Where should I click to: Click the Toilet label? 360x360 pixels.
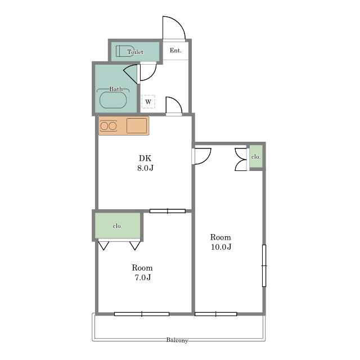(x=135, y=52)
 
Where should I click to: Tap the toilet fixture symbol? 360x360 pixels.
(x=121, y=51)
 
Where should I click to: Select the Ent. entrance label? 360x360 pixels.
(x=175, y=50)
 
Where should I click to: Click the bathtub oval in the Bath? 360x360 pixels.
(x=113, y=100)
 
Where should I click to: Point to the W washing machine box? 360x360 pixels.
(x=148, y=101)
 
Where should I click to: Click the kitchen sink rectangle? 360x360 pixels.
(x=137, y=125)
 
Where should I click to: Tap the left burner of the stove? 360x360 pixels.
(x=104, y=126)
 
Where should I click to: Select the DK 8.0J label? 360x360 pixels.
(x=145, y=163)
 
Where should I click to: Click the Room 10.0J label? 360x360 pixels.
(x=220, y=242)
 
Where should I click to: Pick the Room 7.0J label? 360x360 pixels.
(x=142, y=272)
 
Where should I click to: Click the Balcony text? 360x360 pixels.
(x=177, y=340)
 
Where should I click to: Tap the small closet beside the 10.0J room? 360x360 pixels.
(x=256, y=156)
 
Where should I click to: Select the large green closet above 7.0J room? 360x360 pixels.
(x=118, y=226)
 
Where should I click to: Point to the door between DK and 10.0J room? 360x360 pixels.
(x=202, y=156)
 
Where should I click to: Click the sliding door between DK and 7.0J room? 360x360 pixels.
(x=168, y=211)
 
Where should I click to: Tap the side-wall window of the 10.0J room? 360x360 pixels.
(x=264, y=265)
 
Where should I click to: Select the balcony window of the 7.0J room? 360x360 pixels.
(x=142, y=314)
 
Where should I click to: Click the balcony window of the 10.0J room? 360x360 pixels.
(x=215, y=314)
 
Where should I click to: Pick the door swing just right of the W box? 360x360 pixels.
(x=174, y=105)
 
